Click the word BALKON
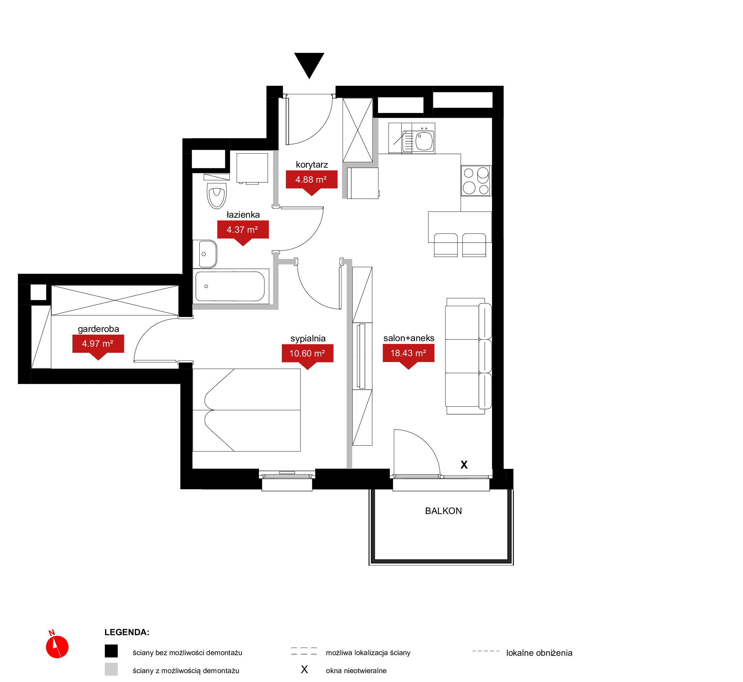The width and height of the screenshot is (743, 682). tap(444, 511)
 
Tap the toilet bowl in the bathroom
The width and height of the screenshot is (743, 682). tap(217, 195)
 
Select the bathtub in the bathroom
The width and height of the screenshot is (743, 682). tap(230, 286)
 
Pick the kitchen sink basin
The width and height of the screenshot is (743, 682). tap(424, 141)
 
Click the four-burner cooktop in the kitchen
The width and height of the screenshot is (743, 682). tap(476, 181)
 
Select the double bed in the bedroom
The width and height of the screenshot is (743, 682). tap(246, 410)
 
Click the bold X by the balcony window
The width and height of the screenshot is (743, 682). tap(464, 465)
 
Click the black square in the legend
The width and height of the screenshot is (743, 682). tap(111, 651)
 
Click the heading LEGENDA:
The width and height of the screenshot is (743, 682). tap(127, 632)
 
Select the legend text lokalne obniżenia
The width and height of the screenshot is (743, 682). tap(539, 653)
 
